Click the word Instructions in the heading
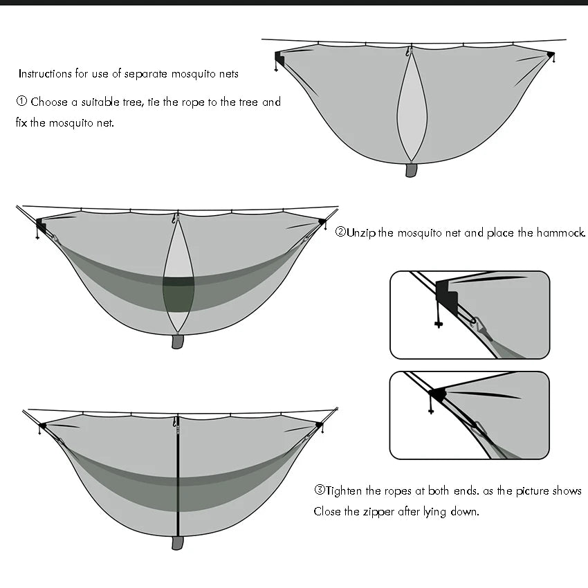pyautogui.click(x=45, y=73)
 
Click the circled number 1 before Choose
pyautogui.click(x=21, y=102)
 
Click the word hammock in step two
pyautogui.click(x=561, y=232)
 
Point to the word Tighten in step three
pyautogui.click(x=344, y=490)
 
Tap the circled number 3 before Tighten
pyautogui.click(x=319, y=490)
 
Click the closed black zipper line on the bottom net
pyautogui.click(x=177, y=477)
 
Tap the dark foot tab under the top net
pyautogui.click(x=411, y=169)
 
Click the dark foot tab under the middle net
pyautogui.click(x=178, y=341)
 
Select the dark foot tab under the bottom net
pyautogui.click(x=177, y=542)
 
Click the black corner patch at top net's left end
pyautogui.click(x=278, y=57)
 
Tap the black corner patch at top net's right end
pyautogui.click(x=550, y=55)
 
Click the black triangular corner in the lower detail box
pyautogui.click(x=437, y=395)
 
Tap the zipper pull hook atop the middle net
pyautogui.click(x=175, y=219)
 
